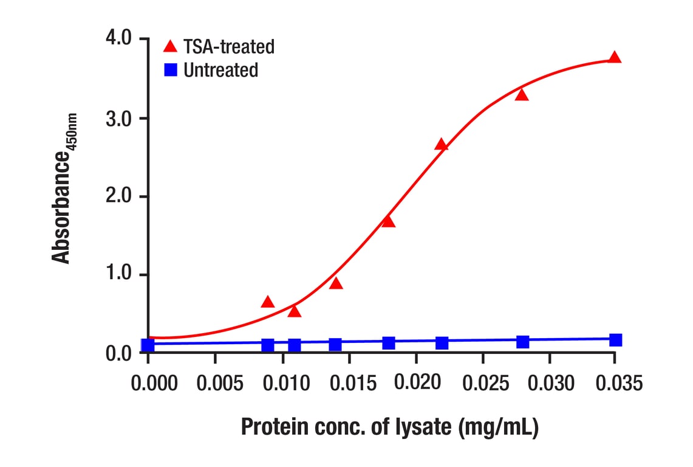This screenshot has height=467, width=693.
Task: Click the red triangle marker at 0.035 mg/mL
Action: point(615,58)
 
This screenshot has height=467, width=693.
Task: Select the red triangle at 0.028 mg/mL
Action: point(522,95)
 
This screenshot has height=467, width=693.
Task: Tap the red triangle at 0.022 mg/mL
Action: point(442,145)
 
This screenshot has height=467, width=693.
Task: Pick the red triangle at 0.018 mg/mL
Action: point(389,221)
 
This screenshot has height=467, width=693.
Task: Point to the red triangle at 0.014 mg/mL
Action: point(336,283)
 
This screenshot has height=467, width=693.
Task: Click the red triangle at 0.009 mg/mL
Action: point(268,302)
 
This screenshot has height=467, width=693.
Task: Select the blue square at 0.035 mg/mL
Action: point(615,340)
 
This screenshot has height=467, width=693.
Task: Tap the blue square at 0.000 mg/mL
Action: point(148,345)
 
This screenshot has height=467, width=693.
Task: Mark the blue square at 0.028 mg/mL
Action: point(522,342)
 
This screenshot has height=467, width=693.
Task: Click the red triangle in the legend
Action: point(171,46)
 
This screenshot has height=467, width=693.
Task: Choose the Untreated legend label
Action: point(220,71)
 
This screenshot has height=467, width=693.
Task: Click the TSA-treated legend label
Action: point(229,46)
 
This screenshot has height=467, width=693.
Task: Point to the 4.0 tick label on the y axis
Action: point(118,38)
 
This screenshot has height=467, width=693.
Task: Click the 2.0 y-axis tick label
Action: point(118,196)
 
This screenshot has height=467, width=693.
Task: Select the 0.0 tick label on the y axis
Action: point(118,353)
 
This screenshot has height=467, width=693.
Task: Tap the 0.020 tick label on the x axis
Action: point(416,384)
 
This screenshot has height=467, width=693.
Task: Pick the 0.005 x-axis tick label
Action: point(216,384)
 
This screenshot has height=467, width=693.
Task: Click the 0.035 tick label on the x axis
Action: point(616,384)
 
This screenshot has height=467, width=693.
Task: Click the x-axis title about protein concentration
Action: point(389,427)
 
